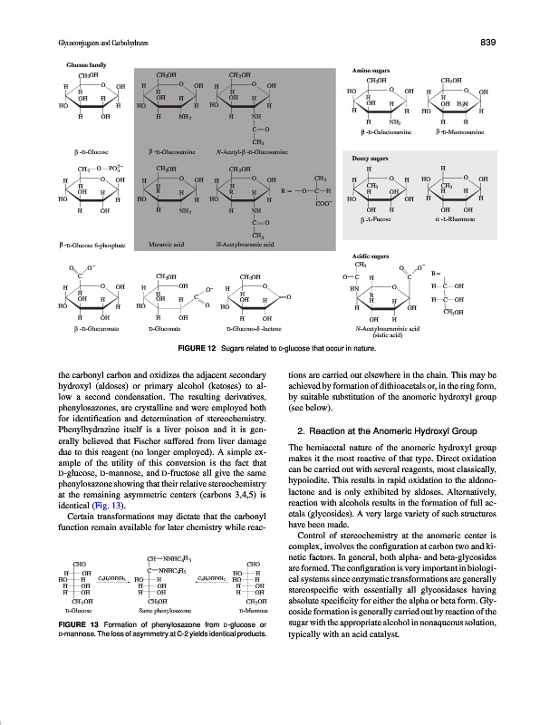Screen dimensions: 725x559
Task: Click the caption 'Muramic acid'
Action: point(166,244)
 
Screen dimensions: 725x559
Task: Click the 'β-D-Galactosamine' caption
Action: point(388,133)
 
